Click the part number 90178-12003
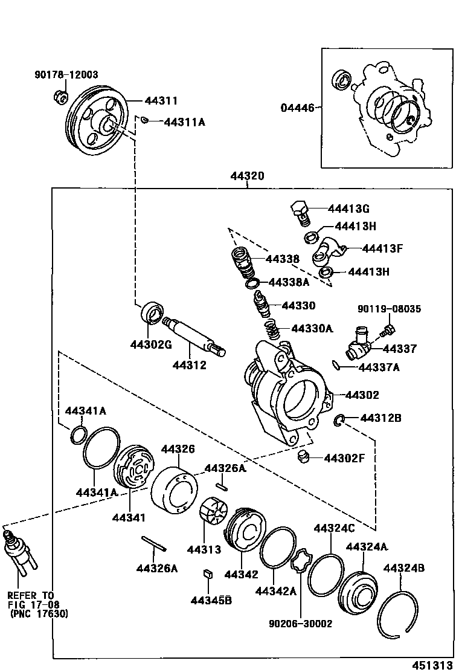pyautogui.click(x=66, y=74)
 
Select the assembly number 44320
pyautogui.click(x=247, y=176)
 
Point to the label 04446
pyautogui.click(x=298, y=108)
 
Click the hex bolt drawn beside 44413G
pyautogui.click(x=300, y=212)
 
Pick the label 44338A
pyautogui.click(x=288, y=282)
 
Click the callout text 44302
pyautogui.click(x=362, y=395)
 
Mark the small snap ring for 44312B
pyautogui.click(x=340, y=420)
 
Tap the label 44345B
pyautogui.click(x=211, y=600)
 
